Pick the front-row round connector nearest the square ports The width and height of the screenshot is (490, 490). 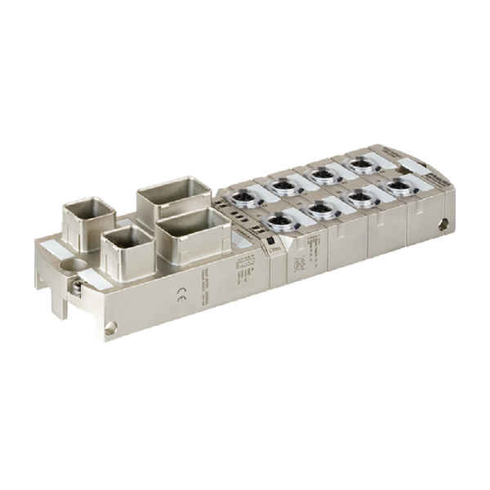[x=280, y=220]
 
